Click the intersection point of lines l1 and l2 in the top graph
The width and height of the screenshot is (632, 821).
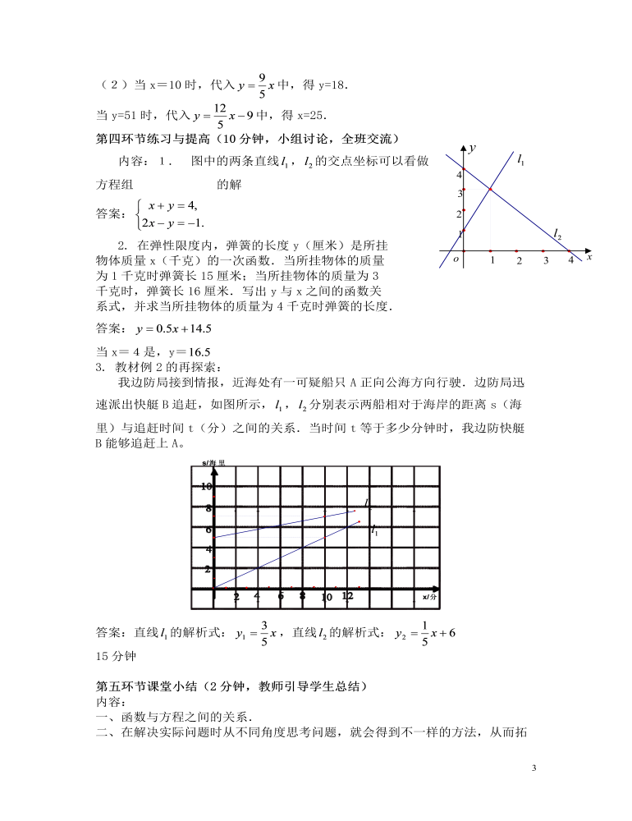490,190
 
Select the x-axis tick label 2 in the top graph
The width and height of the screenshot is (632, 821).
519,261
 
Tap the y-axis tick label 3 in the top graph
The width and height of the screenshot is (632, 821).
460,194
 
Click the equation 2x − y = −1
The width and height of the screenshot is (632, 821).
172,222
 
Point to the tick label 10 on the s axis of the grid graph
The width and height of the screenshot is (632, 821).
208,487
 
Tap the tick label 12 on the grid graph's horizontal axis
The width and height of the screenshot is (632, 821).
347,596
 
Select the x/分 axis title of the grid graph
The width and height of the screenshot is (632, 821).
431,597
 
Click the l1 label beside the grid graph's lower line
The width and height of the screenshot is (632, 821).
374,531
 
